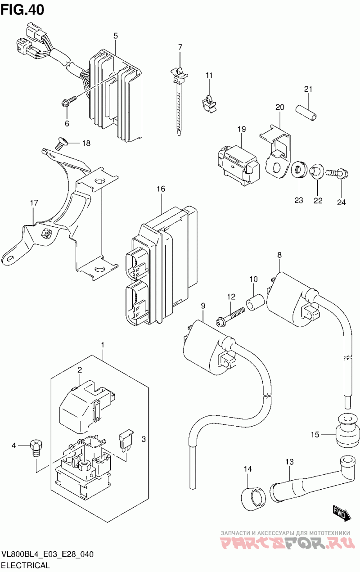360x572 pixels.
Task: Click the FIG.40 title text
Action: click(x=22, y=9)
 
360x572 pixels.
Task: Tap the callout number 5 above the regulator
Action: click(x=116, y=36)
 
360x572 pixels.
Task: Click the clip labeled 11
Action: click(x=208, y=102)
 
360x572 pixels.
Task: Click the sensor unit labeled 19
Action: click(x=237, y=162)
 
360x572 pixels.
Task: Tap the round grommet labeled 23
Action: click(x=299, y=170)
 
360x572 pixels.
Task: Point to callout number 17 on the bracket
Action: click(x=34, y=204)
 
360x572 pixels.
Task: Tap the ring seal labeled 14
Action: click(x=252, y=498)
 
